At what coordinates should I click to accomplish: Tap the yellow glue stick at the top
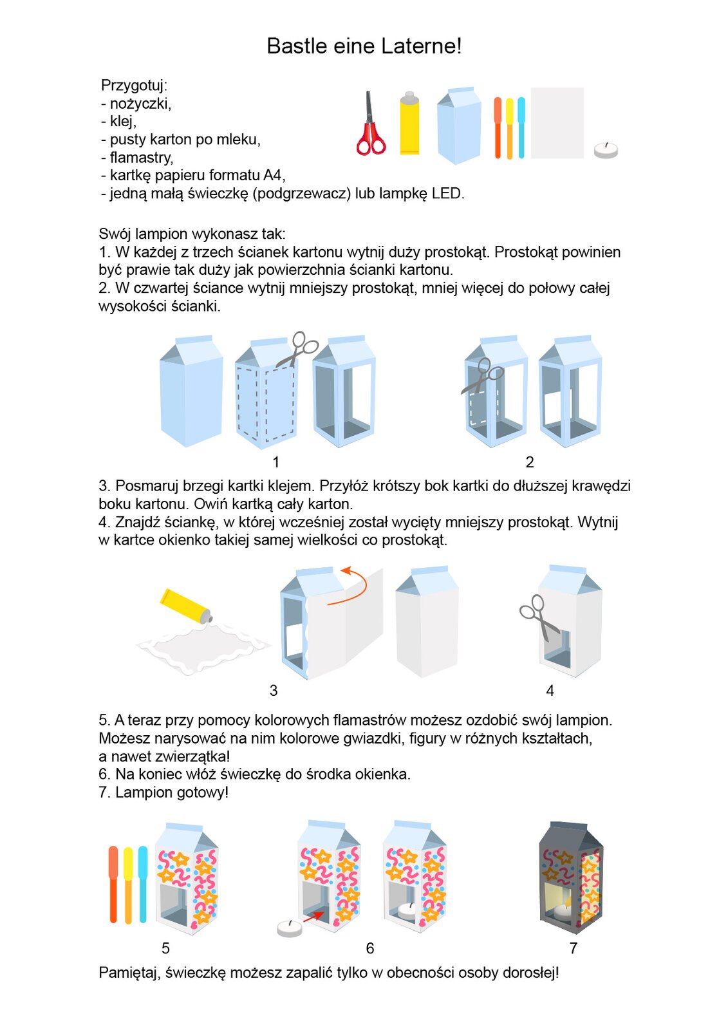point(409,124)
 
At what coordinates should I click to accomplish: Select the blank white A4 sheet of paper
point(557,123)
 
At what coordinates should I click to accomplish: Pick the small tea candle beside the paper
point(605,151)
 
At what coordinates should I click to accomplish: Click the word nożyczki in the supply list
point(140,104)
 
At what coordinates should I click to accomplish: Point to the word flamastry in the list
point(141,158)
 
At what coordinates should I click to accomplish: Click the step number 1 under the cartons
point(276,462)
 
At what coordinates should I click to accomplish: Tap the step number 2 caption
point(530,462)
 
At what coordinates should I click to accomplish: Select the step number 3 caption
point(274,691)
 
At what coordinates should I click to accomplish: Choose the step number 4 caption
point(550,691)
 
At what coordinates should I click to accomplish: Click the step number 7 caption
point(574,948)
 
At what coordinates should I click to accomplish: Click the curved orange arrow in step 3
point(353,586)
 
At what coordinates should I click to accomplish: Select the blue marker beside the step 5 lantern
point(143,883)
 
